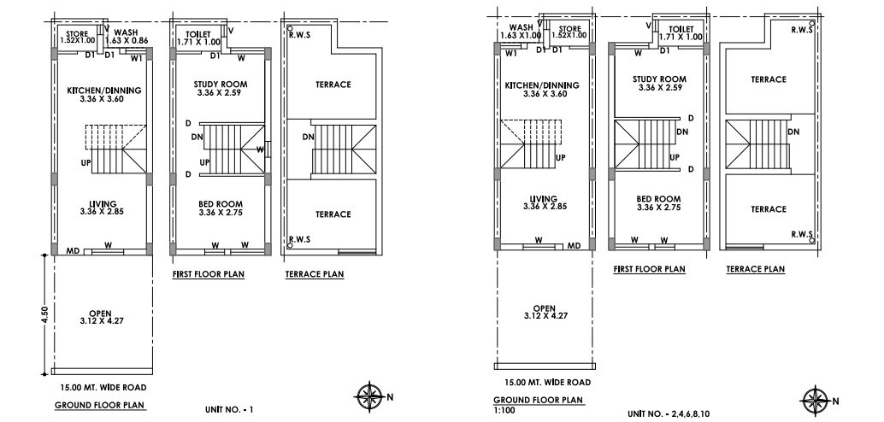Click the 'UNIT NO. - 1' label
point(230,410)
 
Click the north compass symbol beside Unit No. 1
point(369,396)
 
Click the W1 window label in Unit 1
point(136,58)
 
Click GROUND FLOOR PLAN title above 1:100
point(539,400)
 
